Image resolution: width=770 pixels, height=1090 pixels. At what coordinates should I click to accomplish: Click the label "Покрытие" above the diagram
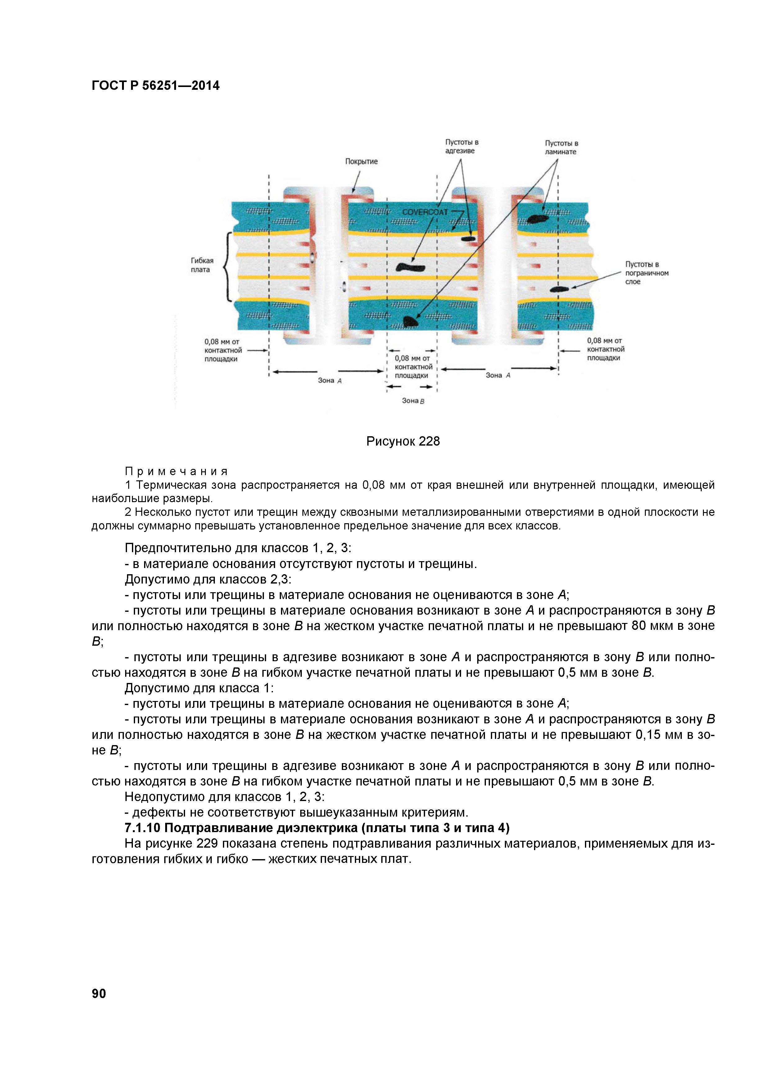(361, 161)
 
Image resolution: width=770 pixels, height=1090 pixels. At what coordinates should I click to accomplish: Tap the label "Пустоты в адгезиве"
(461, 147)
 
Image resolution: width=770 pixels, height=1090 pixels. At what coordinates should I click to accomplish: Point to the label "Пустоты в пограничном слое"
(646, 273)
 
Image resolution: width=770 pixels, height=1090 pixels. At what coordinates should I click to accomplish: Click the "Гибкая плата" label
(202, 265)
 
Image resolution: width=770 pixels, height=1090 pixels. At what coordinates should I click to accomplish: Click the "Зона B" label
(413, 401)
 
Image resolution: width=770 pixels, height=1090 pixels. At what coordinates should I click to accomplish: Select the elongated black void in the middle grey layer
(410, 267)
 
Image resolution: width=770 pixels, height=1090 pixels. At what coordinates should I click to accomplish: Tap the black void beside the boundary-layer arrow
(559, 289)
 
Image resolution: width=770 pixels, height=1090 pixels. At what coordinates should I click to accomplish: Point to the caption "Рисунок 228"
(403, 442)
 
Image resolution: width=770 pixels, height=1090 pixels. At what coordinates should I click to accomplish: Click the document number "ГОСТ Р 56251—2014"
(156, 85)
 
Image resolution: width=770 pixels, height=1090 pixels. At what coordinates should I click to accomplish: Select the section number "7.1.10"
(142, 828)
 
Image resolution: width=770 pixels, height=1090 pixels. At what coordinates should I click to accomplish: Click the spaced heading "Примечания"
(176, 471)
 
